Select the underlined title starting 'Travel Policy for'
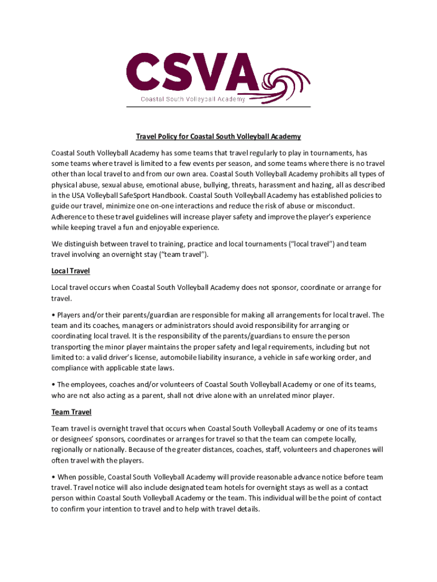(x=218, y=136)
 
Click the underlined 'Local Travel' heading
(x=70, y=271)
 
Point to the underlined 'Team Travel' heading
(x=71, y=411)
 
